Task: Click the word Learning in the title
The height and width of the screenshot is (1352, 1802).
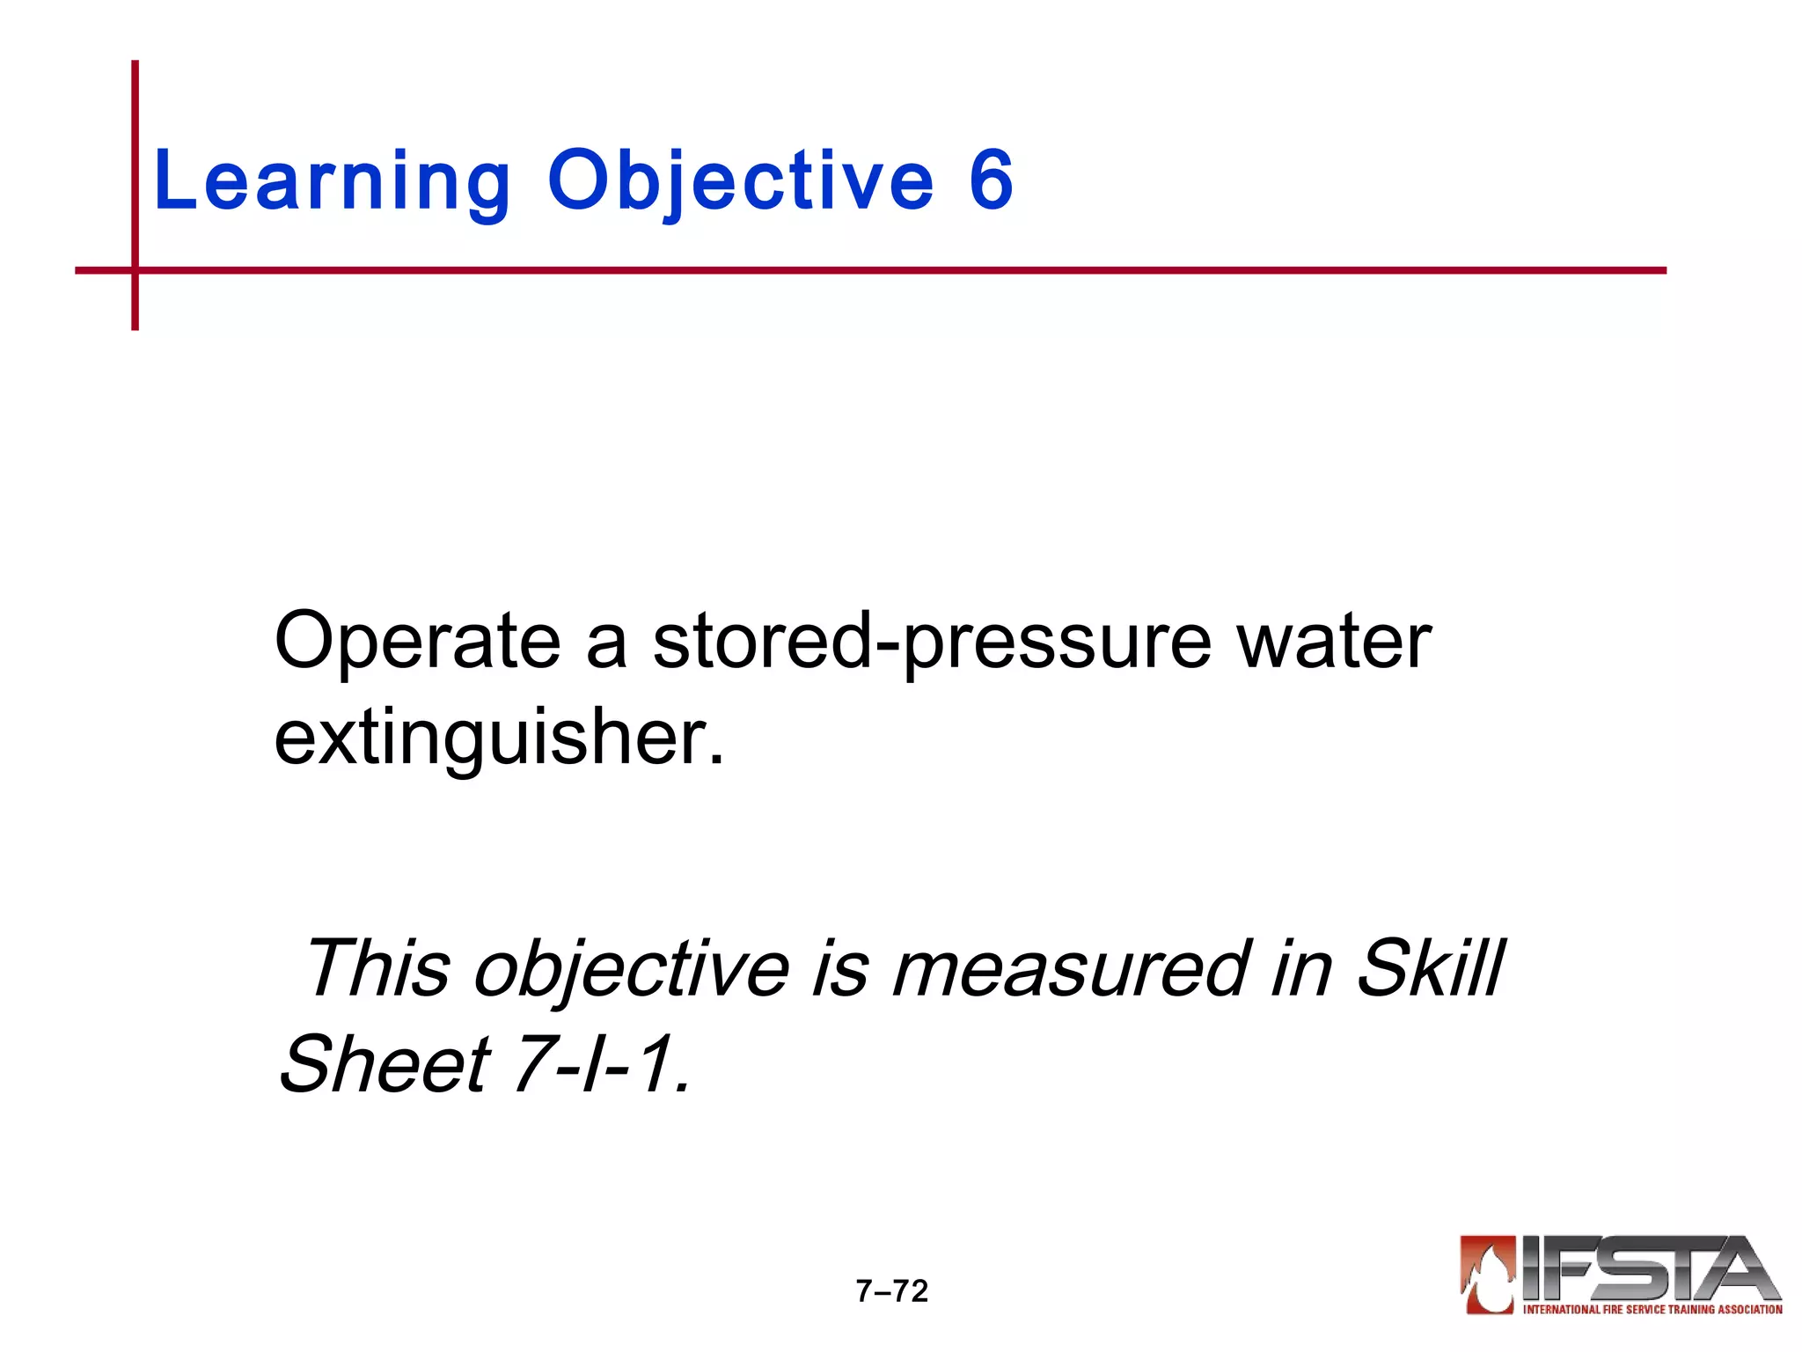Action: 332,181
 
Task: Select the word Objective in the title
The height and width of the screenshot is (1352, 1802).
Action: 740,181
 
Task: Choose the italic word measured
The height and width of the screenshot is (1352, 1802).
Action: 1069,968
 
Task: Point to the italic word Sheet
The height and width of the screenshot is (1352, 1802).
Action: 385,1063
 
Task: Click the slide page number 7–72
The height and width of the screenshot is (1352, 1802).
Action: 891,1291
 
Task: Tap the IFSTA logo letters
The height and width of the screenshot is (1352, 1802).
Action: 1650,1267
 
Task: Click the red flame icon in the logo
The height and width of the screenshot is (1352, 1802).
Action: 1487,1274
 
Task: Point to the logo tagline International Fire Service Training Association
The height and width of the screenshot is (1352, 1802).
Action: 1652,1309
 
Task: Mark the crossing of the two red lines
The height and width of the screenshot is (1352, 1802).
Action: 135,270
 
